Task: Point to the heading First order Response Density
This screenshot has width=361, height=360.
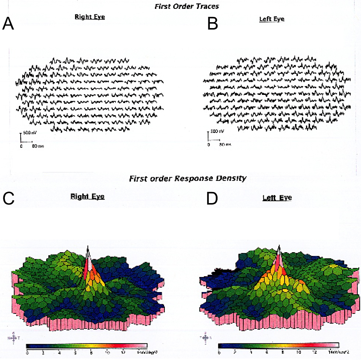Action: coord(187,179)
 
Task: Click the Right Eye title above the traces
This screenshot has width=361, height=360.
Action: coord(90,17)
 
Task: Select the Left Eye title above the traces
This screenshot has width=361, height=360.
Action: coord(271,19)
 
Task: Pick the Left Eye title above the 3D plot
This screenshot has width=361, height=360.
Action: coord(277,198)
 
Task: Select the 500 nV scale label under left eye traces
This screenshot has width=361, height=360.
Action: coord(218,131)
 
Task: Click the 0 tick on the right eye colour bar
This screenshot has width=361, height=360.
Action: coord(27,353)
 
